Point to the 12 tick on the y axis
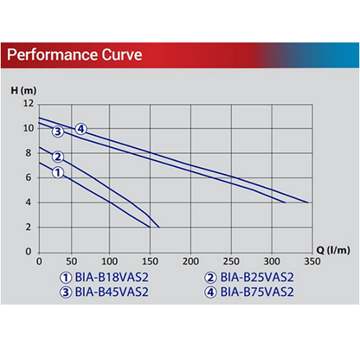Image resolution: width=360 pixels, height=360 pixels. click(28, 104)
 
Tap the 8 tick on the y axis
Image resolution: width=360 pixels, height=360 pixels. click(29, 153)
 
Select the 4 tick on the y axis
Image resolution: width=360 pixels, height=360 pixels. click(29, 202)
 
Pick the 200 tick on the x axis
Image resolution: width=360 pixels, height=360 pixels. click(188, 261)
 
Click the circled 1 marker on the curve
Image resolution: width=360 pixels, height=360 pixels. click(58, 173)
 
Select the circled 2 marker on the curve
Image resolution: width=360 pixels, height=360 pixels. click(58, 157)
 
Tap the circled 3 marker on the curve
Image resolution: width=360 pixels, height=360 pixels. click(58, 132)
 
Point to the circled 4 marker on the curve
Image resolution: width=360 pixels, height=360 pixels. click(80, 129)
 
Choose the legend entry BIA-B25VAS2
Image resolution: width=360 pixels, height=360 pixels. click(250, 278)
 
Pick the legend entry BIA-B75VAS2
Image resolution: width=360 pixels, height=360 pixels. click(250, 292)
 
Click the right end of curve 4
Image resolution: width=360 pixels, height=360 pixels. click(308, 202)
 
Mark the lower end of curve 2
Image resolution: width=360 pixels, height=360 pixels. click(159, 227)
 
